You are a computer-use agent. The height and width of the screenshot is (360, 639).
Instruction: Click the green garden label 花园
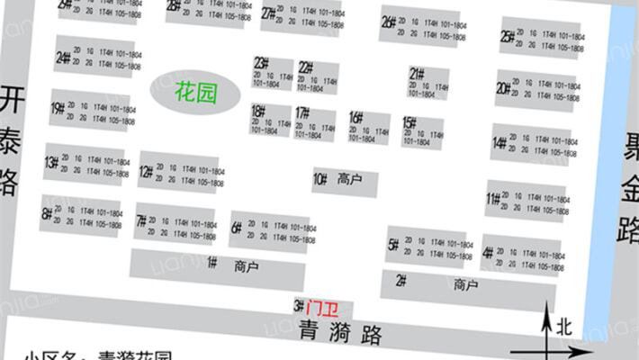click(x=195, y=92)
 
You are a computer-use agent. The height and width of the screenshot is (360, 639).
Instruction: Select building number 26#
click(x=389, y=22)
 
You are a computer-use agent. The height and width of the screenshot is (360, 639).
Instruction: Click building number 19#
click(x=58, y=109)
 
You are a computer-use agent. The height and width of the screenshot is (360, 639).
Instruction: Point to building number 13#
click(x=50, y=163)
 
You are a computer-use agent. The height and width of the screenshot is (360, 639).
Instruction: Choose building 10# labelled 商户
click(x=344, y=180)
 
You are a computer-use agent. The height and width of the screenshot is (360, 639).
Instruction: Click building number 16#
click(x=356, y=117)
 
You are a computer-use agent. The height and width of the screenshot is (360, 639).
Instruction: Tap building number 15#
click(x=409, y=122)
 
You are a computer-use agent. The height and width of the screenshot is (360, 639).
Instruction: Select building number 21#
click(x=417, y=73)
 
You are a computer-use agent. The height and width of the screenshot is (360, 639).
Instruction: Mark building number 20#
click(x=504, y=88)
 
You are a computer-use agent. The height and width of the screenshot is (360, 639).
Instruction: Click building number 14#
click(x=499, y=142)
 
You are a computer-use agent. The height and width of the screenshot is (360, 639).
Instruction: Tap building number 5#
click(x=393, y=244)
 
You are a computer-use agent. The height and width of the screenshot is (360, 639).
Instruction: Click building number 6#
click(x=236, y=228)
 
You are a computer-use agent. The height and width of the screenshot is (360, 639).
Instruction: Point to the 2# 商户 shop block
click(x=464, y=285)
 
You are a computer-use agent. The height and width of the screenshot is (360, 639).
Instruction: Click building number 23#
click(x=262, y=63)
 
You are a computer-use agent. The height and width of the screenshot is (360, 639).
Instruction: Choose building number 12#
click(x=145, y=170)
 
